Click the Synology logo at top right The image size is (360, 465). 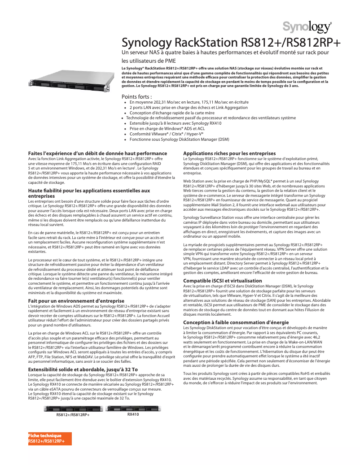tap(307, 26)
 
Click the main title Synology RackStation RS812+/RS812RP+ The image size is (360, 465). tap(231, 43)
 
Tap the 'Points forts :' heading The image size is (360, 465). tap(136, 96)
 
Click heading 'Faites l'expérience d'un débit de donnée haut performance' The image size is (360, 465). tap(97, 153)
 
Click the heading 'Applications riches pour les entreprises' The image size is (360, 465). tap(229, 153)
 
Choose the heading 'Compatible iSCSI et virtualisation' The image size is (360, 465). tap(223, 280)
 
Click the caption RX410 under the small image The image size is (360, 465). tap(133, 415)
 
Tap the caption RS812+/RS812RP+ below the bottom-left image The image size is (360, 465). tap(73, 415)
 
